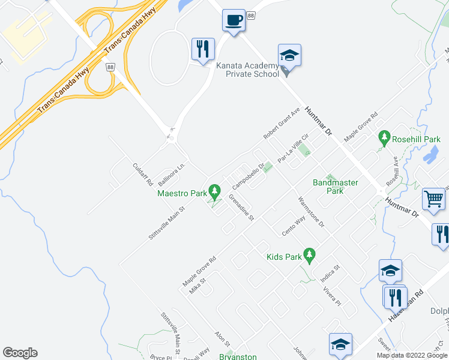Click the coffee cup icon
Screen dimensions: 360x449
[234, 20]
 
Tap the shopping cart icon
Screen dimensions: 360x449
[433, 199]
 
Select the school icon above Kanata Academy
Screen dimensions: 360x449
[289, 56]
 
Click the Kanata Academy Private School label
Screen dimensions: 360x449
[252, 70]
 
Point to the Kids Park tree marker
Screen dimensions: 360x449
[310, 256]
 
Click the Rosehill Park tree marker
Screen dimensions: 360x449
[385, 139]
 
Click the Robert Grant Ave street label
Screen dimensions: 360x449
[282, 124]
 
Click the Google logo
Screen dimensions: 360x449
[20, 353]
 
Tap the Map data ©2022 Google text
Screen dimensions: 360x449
[412, 355]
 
